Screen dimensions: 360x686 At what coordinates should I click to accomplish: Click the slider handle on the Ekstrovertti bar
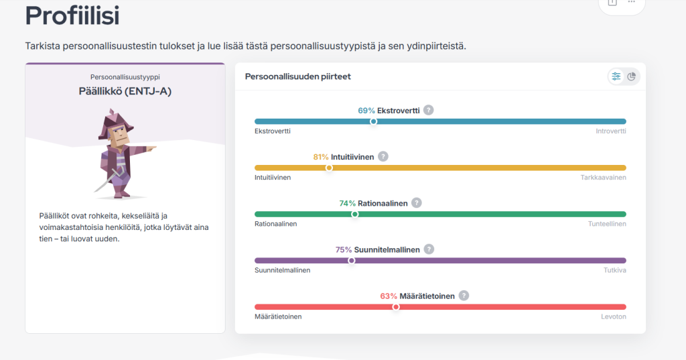pyautogui.click(x=374, y=121)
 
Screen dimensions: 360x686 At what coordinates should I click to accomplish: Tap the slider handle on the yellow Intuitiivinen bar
pyautogui.click(x=329, y=168)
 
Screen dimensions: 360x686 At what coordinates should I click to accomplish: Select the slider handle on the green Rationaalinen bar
pyautogui.click(x=355, y=215)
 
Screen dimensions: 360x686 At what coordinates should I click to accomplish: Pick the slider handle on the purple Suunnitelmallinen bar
pyautogui.click(x=351, y=261)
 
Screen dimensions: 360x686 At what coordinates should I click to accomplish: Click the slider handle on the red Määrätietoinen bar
pyautogui.click(x=396, y=307)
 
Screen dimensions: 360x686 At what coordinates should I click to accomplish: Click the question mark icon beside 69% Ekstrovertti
pyautogui.click(x=429, y=110)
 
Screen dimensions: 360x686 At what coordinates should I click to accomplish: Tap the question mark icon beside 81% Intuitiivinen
pyautogui.click(x=383, y=156)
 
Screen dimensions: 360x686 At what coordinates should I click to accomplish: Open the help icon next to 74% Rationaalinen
pyautogui.click(x=417, y=202)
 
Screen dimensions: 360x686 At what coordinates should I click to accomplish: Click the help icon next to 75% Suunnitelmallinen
pyautogui.click(x=429, y=249)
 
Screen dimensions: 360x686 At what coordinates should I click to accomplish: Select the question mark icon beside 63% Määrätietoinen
pyautogui.click(x=464, y=296)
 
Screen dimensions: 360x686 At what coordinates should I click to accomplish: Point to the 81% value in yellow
pyautogui.click(x=321, y=157)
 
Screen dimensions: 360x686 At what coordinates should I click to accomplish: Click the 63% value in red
pyautogui.click(x=389, y=296)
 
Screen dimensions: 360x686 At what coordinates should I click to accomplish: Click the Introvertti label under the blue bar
pyautogui.click(x=611, y=131)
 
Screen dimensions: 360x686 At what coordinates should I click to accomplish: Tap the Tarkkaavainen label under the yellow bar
pyautogui.click(x=604, y=178)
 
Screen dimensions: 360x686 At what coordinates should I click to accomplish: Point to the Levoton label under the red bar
pyautogui.click(x=614, y=316)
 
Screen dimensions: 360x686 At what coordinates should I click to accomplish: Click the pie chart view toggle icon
pyautogui.click(x=632, y=76)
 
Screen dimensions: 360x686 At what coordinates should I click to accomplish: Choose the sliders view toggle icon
pyautogui.click(x=616, y=76)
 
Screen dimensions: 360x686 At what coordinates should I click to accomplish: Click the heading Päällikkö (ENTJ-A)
pyautogui.click(x=125, y=91)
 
